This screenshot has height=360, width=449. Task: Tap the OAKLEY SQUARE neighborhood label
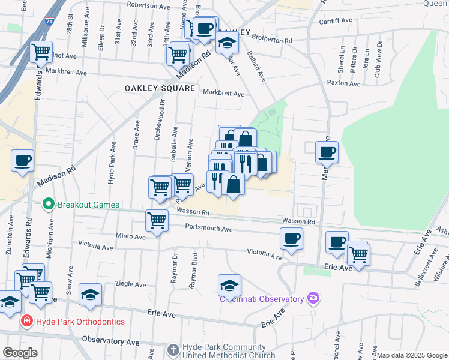[x=160, y=88]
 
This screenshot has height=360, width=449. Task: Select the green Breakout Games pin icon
[x=49, y=204]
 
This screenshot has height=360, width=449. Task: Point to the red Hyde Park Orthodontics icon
[x=26, y=322]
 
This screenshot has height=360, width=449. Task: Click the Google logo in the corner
[x=20, y=353]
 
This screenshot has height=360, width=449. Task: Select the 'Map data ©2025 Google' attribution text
[x=412, y=355]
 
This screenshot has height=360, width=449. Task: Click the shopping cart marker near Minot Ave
[x=41, y=52]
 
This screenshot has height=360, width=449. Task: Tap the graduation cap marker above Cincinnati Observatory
[x=229, y=284]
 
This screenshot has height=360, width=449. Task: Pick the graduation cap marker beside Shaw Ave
[x=90, y=294]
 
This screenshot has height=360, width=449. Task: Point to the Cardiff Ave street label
[x=336, y=20]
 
